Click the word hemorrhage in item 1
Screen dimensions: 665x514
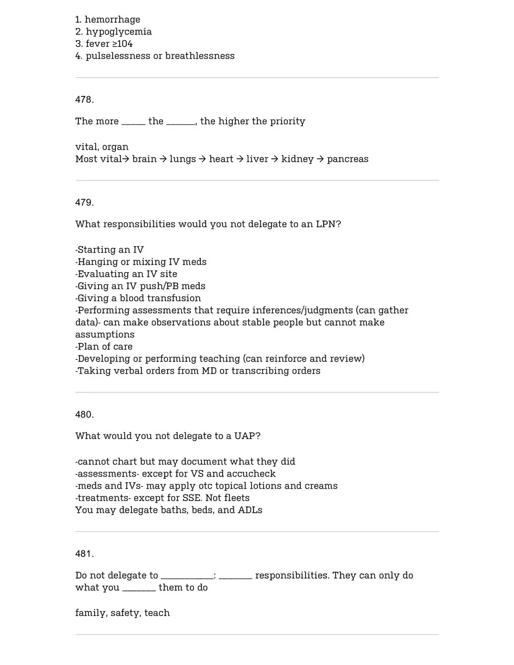(112, 20)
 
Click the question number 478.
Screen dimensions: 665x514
(84, 100)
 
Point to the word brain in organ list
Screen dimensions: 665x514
(144, 159)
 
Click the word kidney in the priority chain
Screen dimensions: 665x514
(297, 159)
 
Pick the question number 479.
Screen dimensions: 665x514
(84, 203)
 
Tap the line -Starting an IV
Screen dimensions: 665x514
(109, 250)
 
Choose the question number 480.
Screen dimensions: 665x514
(84, 415)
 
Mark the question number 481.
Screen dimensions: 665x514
(84, 554)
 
